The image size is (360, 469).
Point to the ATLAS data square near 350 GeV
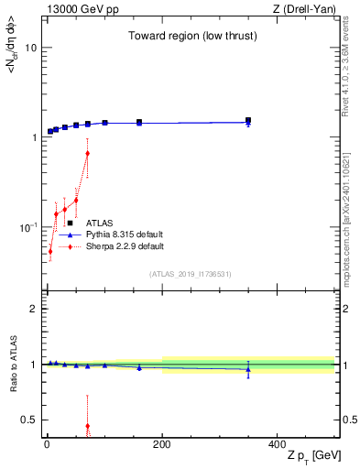248,120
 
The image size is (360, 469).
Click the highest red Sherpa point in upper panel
87,153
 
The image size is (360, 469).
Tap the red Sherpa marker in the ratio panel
87,426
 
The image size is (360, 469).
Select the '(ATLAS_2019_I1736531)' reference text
191,274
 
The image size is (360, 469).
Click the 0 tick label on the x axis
47,445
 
